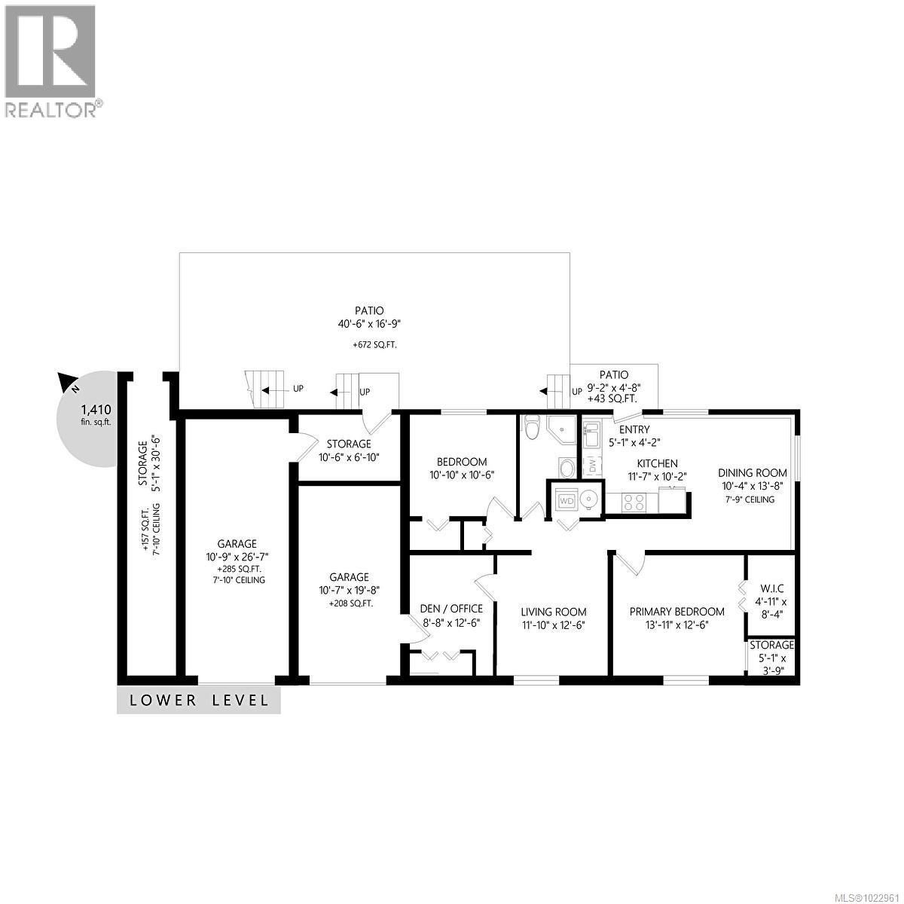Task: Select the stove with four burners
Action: pos(633,501)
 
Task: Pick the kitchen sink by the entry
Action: pos(591,435)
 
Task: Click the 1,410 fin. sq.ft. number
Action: pos(96,410)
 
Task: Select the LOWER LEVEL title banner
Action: pos(199,701)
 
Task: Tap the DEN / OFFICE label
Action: pos(451,609)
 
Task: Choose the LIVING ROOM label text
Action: pos(553,612)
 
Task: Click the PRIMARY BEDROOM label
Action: pos(676,612)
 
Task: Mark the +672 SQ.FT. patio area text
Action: pos(369,344)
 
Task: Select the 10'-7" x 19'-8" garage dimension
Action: pos(349,591)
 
